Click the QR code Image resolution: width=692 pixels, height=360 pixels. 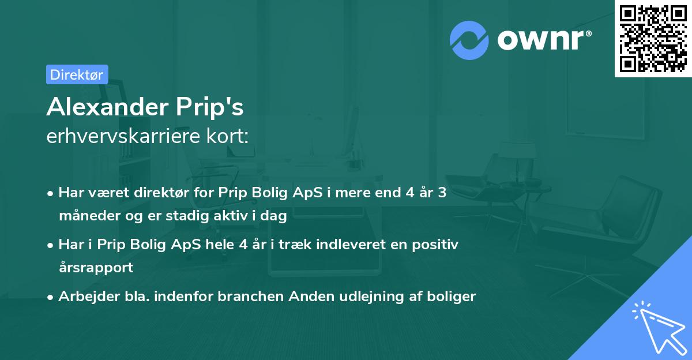tap(653, 38)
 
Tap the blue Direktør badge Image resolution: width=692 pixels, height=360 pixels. tap(77, 74)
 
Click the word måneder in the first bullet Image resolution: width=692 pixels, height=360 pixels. tap(85, 217)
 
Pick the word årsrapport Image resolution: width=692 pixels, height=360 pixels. tap(96, 267)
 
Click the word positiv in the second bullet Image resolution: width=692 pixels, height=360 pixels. tap(437, 245)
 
